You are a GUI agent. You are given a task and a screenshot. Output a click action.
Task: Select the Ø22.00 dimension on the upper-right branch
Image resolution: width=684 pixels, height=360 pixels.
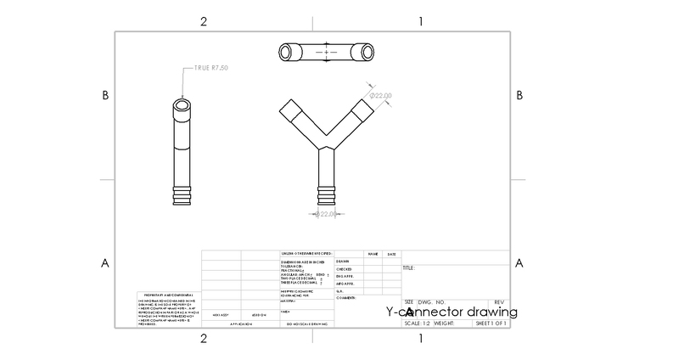(381, 97)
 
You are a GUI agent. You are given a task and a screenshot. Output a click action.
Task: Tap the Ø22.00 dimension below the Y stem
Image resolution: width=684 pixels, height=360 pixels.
(327, 214)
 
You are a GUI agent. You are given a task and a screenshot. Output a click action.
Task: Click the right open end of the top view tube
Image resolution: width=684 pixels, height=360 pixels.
(367, 52)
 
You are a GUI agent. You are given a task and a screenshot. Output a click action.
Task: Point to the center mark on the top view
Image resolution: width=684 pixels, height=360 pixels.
(325, 52)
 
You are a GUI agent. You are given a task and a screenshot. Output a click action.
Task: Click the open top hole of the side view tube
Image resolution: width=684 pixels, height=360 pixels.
(182, 109)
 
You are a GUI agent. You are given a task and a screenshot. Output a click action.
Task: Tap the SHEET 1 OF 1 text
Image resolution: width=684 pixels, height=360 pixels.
(491, 323)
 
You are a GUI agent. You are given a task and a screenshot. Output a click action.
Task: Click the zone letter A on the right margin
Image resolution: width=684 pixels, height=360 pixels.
(519, 262)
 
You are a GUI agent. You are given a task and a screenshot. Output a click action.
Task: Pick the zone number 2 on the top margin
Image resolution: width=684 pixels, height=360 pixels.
(204, 21)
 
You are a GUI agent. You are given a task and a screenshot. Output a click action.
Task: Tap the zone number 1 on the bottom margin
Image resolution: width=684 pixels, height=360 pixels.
(421, 339)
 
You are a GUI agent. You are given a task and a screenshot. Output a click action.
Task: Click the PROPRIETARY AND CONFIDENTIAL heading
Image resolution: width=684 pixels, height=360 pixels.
(164, 295)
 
